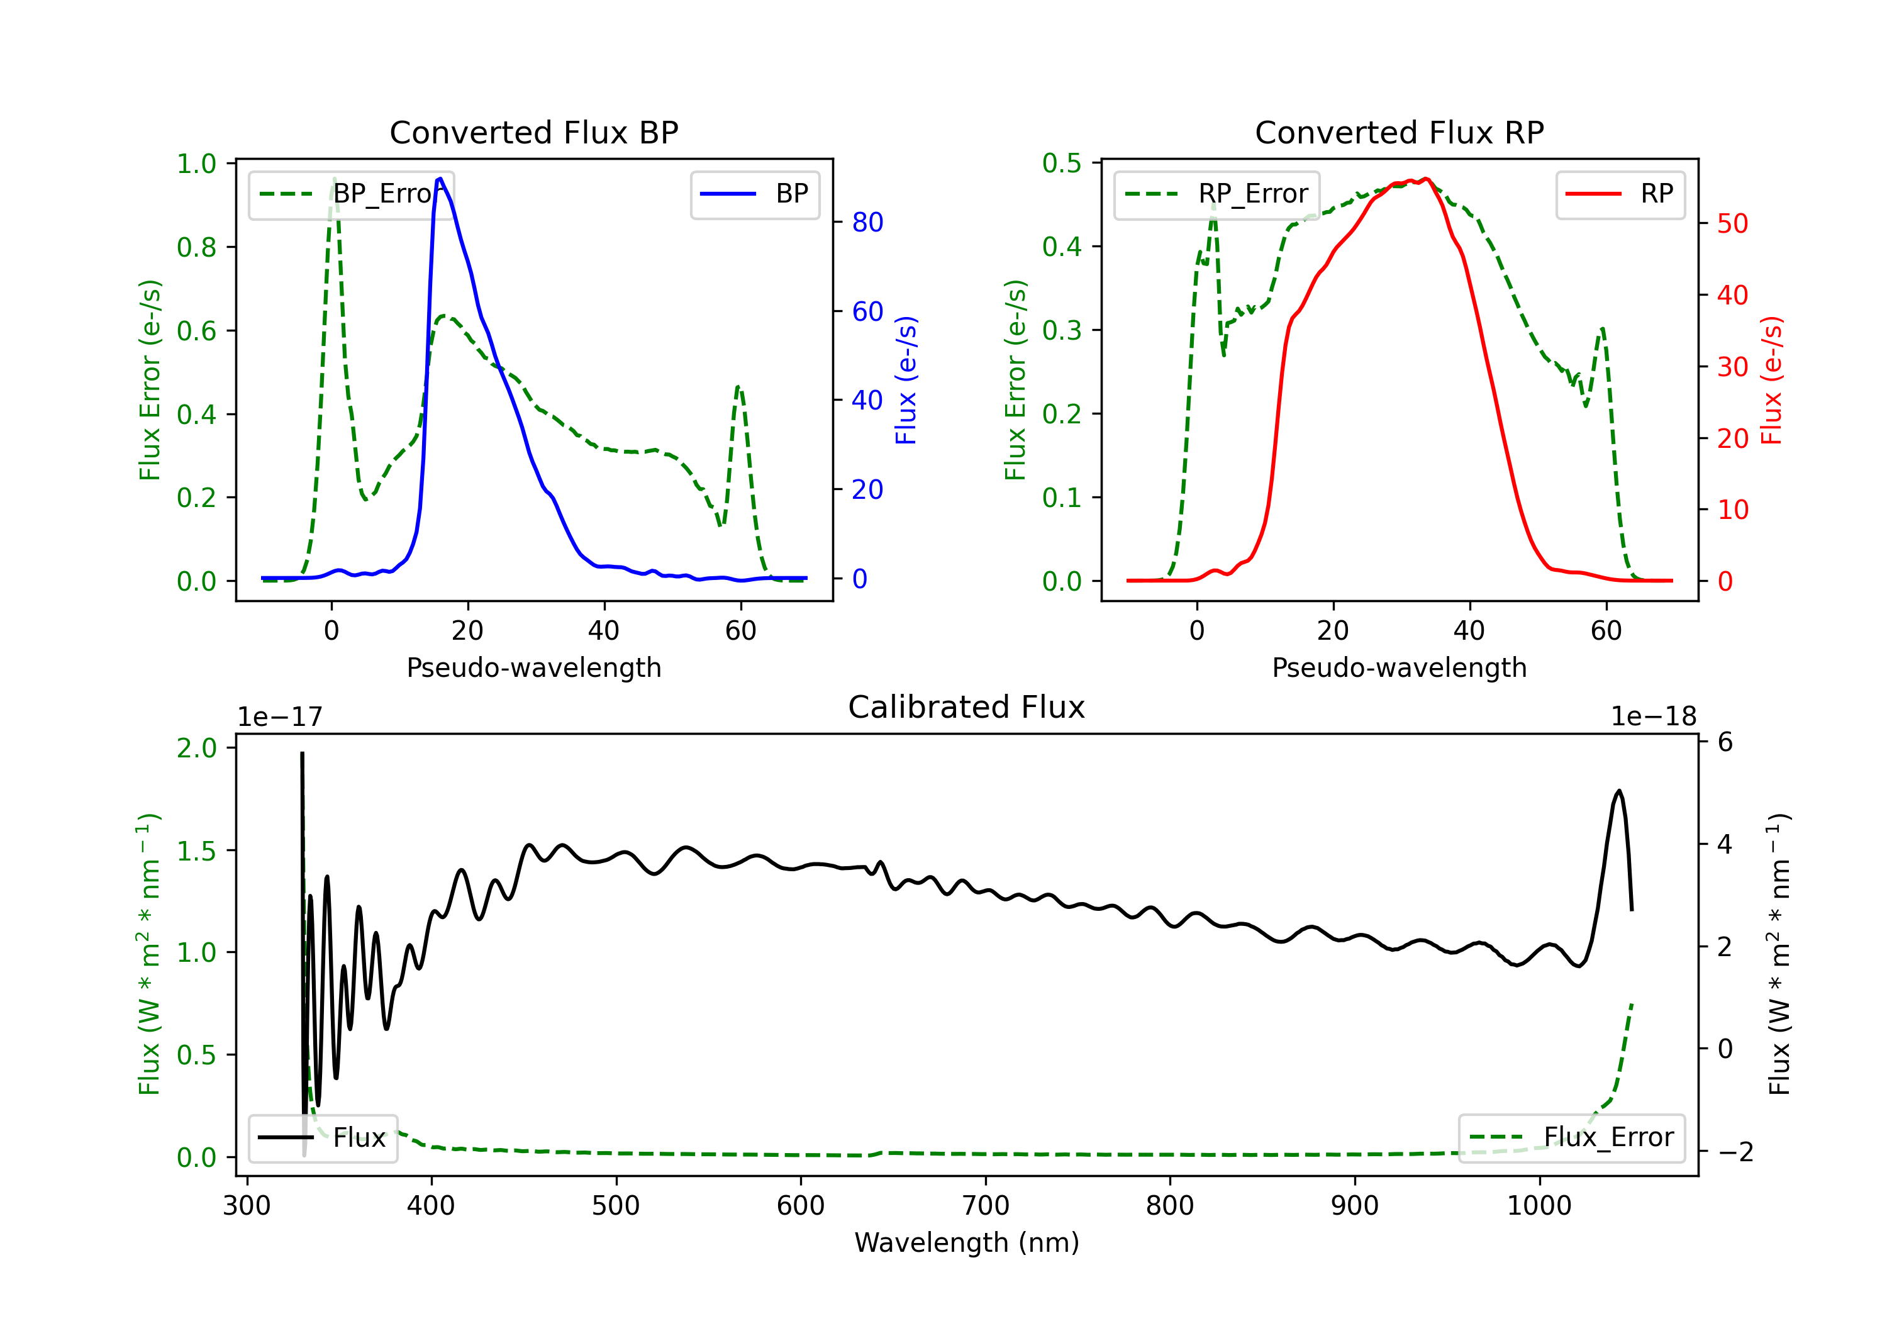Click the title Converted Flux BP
(533, 132)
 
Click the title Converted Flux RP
(1399, 132)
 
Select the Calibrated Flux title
(967, 707)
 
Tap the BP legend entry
(754, 194)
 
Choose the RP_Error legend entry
(1216, 194)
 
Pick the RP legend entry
(1619, 194)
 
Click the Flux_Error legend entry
(1571, 1138)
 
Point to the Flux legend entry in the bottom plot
(322, 1138)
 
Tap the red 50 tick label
(1732, 223)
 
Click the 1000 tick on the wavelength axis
(1539, 1205)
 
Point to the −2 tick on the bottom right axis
(1735, 1151)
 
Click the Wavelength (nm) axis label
(967, 1242)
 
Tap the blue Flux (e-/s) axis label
(906, 381)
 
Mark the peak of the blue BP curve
(440, 179)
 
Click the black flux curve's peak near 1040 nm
(1619, 791)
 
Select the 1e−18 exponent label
(1653, 717)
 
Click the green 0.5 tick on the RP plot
(1062, 163)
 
